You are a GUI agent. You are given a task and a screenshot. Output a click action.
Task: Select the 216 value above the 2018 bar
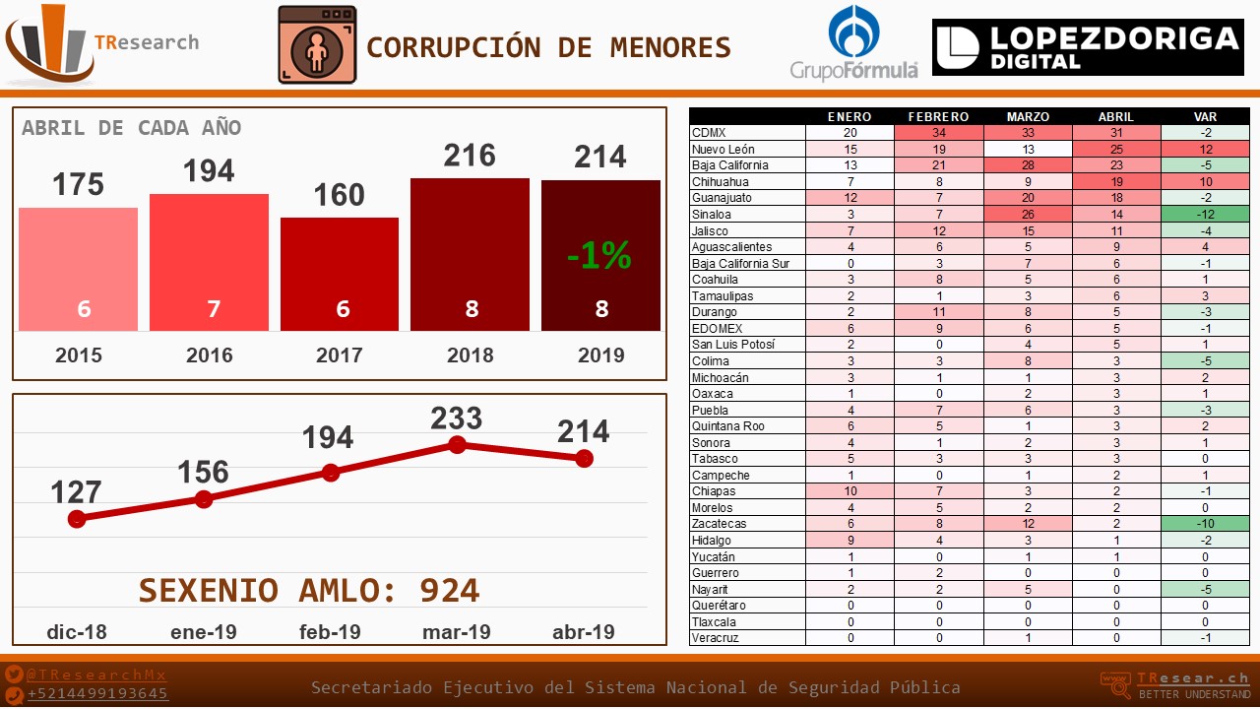point(470,156)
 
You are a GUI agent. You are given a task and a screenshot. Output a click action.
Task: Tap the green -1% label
point(598,256)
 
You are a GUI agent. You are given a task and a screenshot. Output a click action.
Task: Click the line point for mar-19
point(457,445)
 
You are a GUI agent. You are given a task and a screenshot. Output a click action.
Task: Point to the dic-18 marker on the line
point(77,518)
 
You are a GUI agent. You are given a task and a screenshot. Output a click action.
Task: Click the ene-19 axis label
point(203,631)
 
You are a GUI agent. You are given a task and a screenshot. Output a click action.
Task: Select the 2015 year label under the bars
point(78,355)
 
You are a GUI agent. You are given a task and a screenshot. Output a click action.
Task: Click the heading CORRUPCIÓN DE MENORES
point(548,47)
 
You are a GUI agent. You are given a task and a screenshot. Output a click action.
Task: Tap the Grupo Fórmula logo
point(854,43)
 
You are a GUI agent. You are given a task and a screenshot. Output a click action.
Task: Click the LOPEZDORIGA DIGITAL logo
point(1088,47)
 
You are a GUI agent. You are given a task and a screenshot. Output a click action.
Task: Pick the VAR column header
point(1205,116)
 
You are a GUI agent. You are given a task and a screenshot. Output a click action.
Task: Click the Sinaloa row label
point(712,214)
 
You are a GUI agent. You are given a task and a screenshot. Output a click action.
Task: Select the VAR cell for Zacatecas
point(1205,524)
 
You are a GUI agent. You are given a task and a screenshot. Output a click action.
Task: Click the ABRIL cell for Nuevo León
point(1116,149)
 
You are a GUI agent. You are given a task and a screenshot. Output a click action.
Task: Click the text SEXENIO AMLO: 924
point(309,590)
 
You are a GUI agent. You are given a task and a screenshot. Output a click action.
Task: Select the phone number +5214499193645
point(97,693)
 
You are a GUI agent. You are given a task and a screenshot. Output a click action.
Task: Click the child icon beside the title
point(317,45)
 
